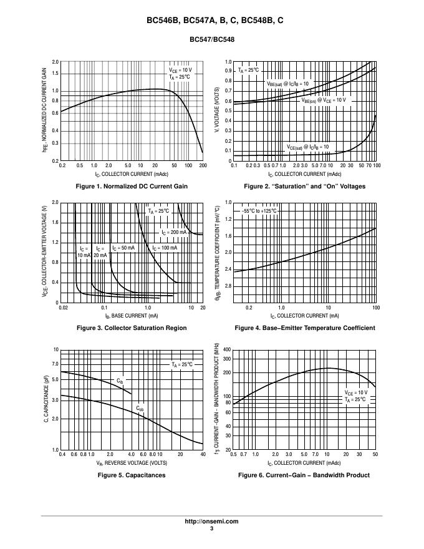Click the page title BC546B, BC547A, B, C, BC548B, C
[x=212, y=20]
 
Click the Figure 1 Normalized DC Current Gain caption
[x=131, y=187]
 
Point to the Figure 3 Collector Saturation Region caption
[x=131, y=328]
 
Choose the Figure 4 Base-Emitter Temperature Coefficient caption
[x=304, y=328]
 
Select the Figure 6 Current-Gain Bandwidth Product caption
[x=304, y=475]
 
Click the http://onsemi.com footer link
[x=212, y=522]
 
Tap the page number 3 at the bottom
[x=212, y=529]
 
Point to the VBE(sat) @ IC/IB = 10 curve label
[x=287, y=84]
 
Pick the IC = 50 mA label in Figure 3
[x=123, y=248]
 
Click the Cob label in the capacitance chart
[x=140, y=409]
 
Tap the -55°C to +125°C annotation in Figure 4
[x=260, y=211]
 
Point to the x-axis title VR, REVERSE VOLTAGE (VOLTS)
[x=132, y=464]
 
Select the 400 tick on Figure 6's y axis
[x=227, y=349]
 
